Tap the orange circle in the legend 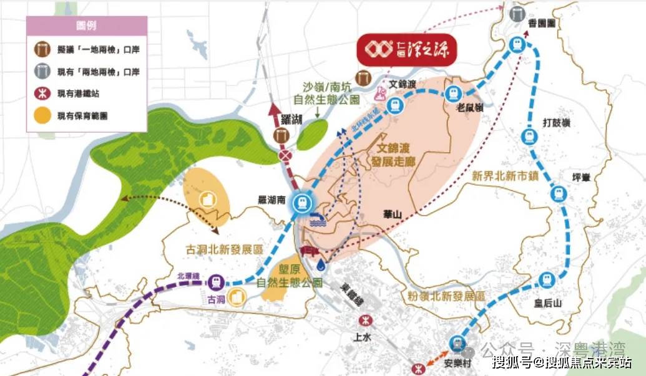point(42,115)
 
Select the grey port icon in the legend point(42,72)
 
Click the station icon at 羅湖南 point(303,201)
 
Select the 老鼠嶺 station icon point(454,94)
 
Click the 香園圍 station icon point(516,44)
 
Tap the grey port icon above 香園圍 point(517,14)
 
